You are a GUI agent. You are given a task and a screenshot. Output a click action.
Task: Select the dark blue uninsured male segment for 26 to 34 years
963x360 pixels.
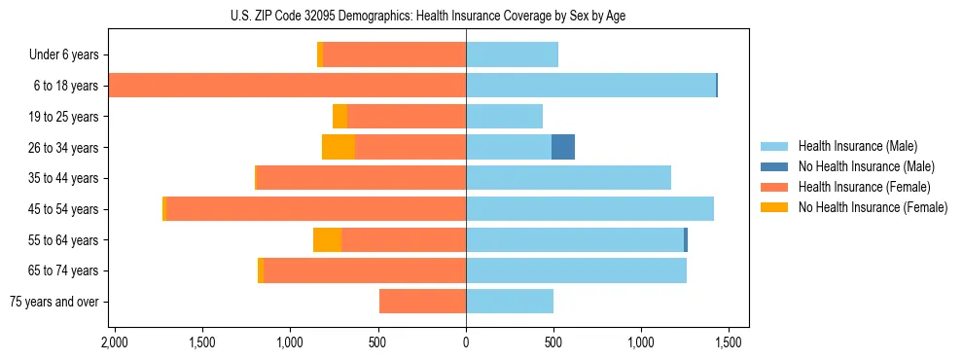563,147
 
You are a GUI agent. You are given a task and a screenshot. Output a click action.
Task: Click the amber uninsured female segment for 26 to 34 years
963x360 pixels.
339,147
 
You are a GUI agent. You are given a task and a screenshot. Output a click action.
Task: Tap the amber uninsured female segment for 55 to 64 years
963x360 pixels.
328,239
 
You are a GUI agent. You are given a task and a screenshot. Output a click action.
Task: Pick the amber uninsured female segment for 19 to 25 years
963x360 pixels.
339,116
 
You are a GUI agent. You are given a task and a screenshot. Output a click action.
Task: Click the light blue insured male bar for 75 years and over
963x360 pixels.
510,302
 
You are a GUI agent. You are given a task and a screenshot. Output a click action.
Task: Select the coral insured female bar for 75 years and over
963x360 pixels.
422,302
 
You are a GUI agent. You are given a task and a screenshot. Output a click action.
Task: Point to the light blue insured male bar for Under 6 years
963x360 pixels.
512,54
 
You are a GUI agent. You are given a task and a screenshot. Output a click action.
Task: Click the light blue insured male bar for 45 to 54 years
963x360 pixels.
589,208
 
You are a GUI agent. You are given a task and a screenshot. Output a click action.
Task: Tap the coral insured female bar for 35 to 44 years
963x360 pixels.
361,178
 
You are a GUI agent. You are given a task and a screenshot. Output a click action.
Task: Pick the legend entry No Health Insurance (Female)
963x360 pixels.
873,207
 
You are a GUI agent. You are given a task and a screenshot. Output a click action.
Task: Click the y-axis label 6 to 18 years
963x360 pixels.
67,86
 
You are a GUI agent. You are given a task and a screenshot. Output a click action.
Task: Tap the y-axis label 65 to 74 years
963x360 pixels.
64,270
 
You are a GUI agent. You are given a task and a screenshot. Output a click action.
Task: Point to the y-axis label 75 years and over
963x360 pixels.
54,302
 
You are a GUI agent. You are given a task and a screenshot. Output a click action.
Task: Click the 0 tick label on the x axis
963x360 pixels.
466,342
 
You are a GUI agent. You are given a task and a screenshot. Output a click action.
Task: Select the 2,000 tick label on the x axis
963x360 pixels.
115,342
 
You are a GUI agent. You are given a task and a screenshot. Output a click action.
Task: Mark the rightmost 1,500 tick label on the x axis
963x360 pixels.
730,342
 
